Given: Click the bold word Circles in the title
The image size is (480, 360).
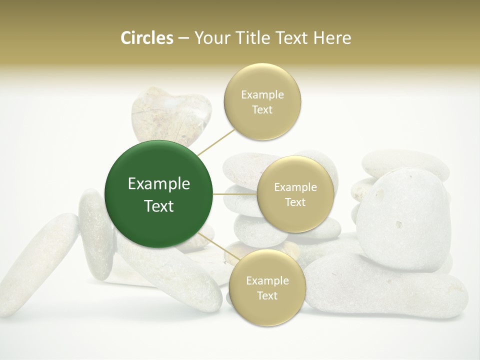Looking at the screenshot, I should pyautogui.click(x=146, y=37).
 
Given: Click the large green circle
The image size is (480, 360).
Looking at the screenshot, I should pyautogui.click(x=158, y=194).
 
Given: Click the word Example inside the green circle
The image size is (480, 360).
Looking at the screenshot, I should pyautogui.click(x=159, y=184).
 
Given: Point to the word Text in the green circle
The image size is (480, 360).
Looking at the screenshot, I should pyautogui.click(x=159, y=206).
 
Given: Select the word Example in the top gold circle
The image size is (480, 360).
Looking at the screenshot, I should pyautogui.click(x=262, y=95).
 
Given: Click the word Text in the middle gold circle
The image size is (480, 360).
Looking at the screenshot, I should pyautogui.click(x=295, y=202).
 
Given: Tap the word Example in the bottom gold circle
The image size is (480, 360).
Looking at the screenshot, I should pyautogui.click(x=267, y=281).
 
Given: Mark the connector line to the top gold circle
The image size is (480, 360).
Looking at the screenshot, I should pyautogui.click(x=216, y=141).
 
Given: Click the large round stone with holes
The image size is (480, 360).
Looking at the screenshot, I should pyautogui.click(x=402, y=220).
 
